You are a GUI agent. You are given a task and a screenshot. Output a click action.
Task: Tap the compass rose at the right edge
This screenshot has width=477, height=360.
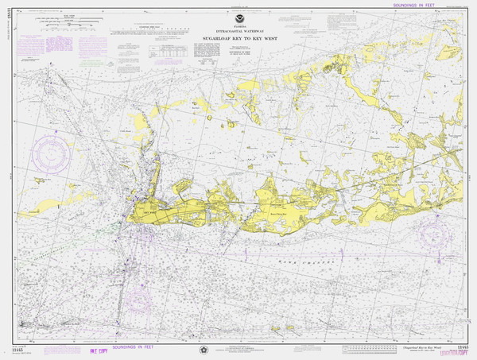(x=438, y=234)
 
